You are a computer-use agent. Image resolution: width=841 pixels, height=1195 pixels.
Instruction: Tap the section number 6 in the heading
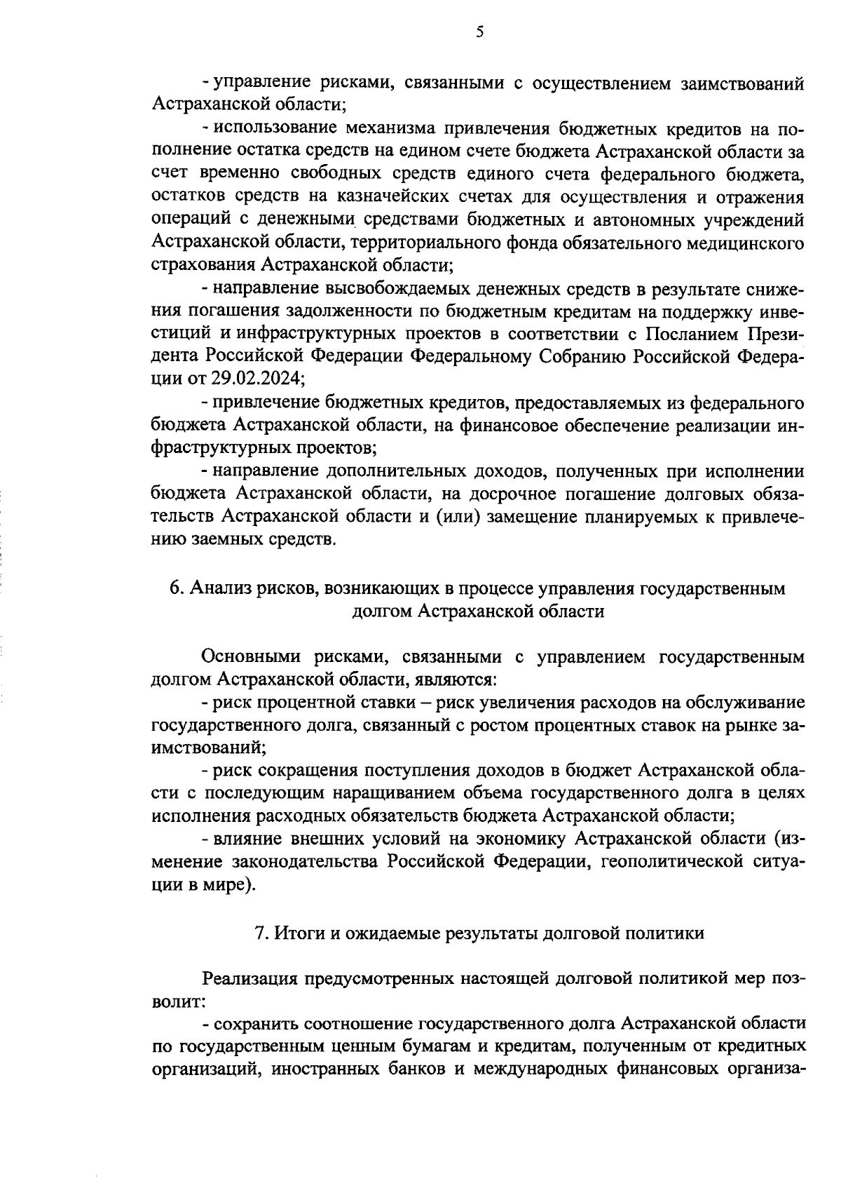click(x=175, y=588)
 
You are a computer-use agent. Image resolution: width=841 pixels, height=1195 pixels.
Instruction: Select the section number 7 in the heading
click(x=259, y=933)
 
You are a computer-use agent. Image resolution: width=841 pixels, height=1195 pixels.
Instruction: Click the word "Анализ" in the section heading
click(x=215, y=588)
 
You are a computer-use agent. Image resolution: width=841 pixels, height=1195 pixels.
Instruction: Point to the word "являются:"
click(x=456, y=680)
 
